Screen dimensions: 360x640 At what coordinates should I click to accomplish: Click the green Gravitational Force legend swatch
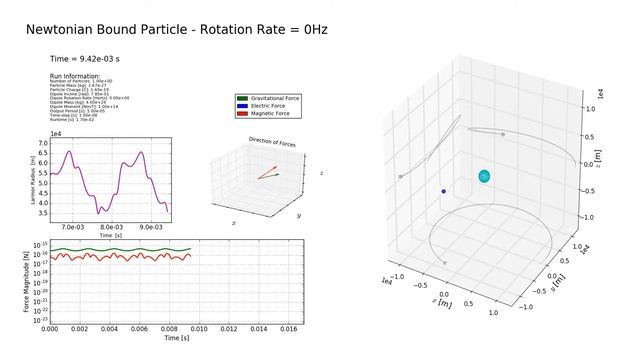pos(241,99)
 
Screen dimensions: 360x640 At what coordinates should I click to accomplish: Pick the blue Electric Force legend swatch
pos(241,106)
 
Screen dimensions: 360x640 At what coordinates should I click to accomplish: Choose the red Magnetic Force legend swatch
pos(241,113)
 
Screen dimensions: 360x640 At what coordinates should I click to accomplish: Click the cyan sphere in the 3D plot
pos(484,177)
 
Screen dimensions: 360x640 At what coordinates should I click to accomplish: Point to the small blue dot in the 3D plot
pos(443,191)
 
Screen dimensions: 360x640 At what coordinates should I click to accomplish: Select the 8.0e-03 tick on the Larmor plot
pos(112,226)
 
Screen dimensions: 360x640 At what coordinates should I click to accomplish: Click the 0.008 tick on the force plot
pos(168,329)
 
